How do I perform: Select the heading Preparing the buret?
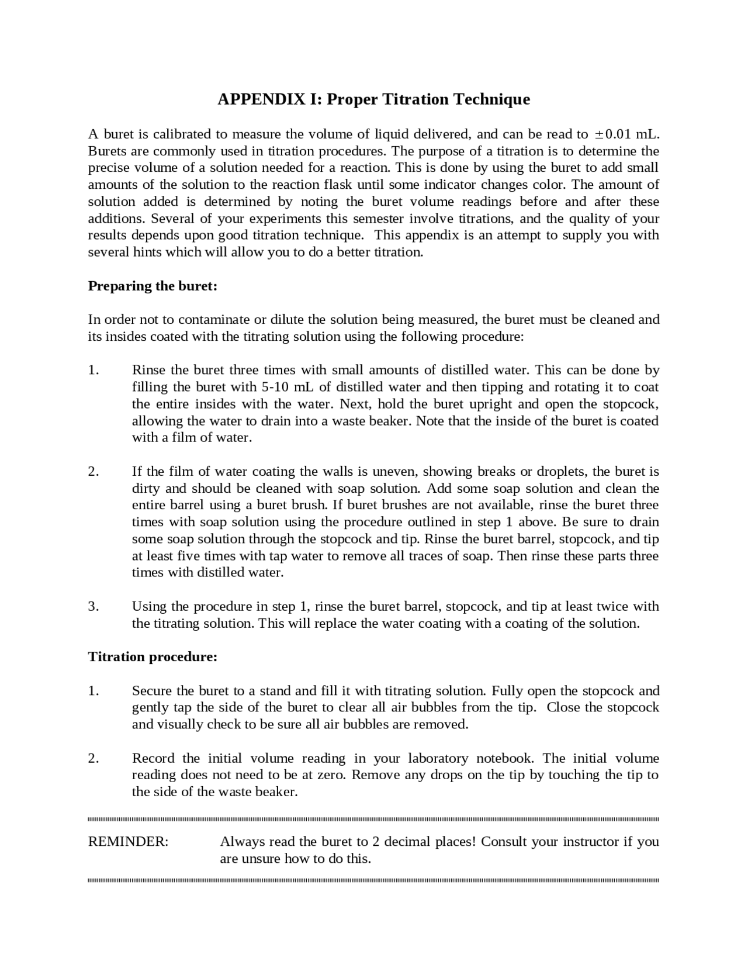(153, 286)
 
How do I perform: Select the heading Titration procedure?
(153, 656)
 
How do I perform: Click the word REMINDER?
(128, 841)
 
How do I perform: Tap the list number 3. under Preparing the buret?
(93, 606)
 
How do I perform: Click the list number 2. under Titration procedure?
(93, 758)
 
